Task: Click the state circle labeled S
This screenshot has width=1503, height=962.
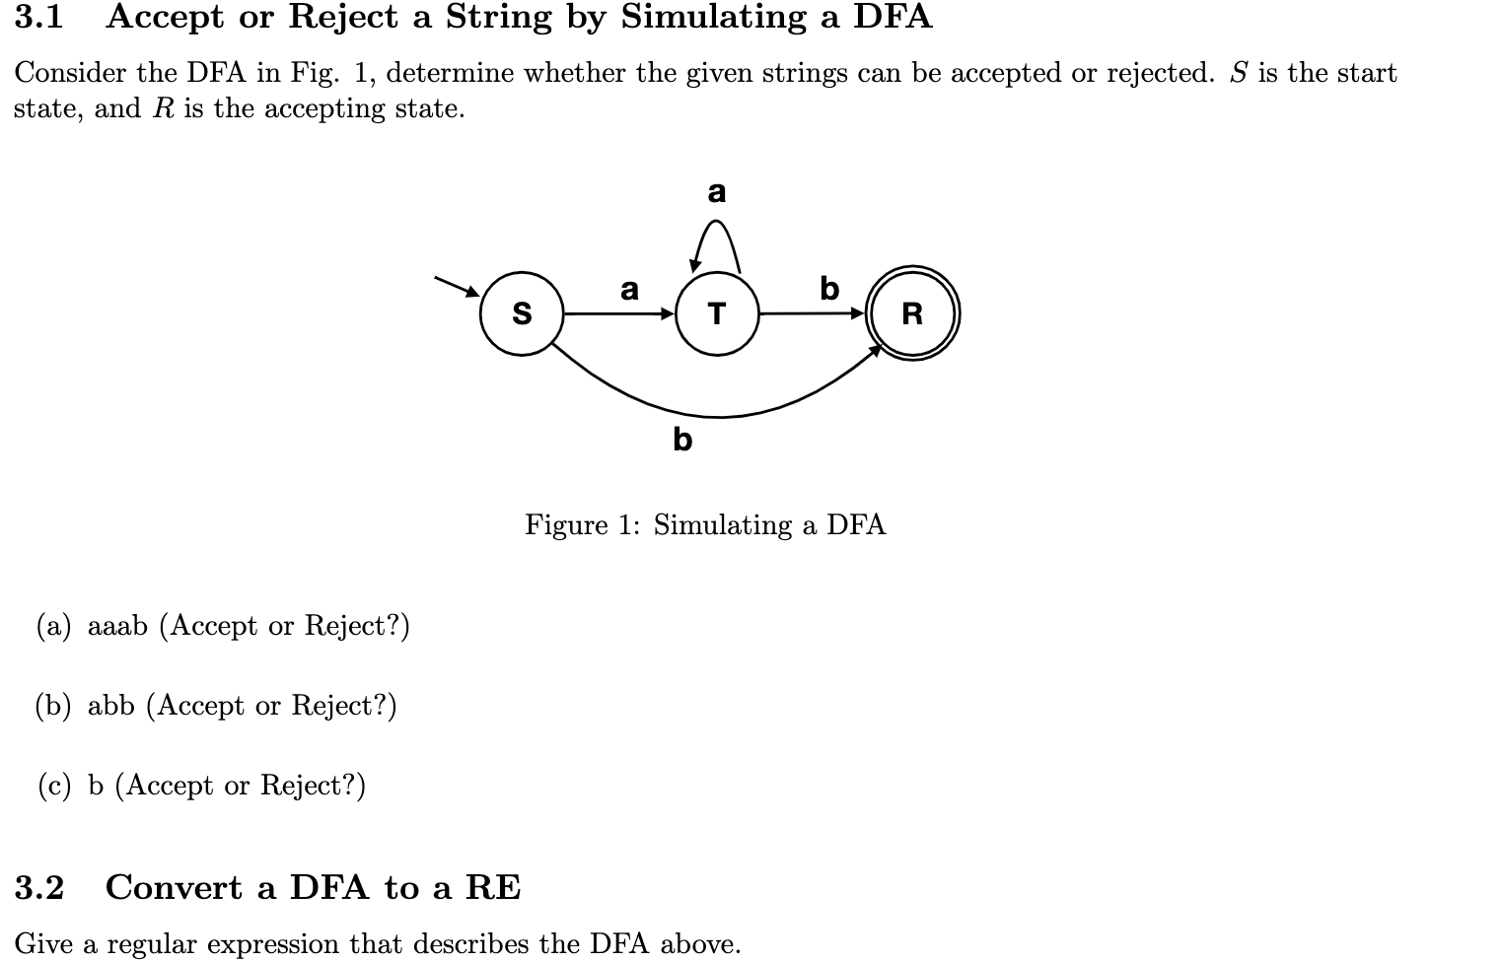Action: [x=522, y=314]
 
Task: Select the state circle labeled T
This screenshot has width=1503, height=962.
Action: [x=717, y=314]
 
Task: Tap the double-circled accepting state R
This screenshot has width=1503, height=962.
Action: [x=912, y=314]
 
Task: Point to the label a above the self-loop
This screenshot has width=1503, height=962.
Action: [x=717, y=191]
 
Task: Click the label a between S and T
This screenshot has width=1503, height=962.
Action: [x=629, y=290]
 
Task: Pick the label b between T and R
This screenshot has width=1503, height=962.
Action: [x=829, y=289]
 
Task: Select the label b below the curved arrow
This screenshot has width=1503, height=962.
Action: [x=682, y=439]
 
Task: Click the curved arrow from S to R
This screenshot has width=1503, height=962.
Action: [x=717, y=415]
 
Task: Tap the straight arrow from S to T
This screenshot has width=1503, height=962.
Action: [x=618, y=314]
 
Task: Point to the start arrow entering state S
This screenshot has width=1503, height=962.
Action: [x=457, y=285]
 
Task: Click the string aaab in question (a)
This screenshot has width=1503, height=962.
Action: [x=117, y=627]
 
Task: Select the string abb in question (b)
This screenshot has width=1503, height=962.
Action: [x=110, y=706]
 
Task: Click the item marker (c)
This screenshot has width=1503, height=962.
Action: [x=54, y=786]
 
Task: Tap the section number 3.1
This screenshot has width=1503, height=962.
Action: [x=39, y=18]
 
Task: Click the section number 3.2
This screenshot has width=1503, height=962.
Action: [x=39, y=888]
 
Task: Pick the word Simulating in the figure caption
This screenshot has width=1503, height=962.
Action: [x=723, y=525]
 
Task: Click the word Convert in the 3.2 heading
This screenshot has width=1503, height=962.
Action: [x=174, y=888]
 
